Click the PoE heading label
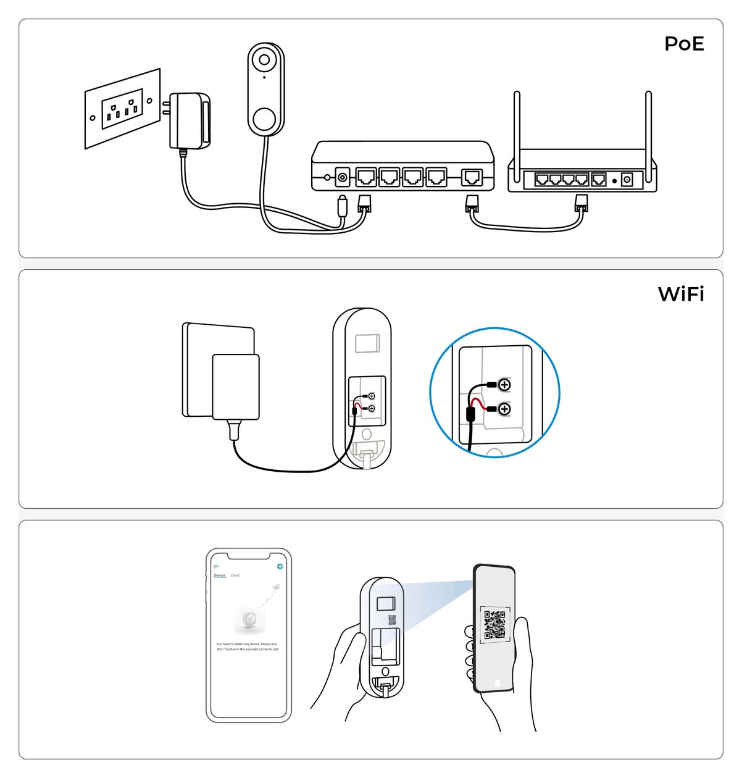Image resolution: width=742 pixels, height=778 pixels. (684, 44)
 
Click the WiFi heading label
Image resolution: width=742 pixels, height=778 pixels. (681, 294)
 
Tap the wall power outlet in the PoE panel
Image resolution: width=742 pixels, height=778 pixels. (122, 109)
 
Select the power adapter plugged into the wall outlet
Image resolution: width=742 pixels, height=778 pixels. (189, 120)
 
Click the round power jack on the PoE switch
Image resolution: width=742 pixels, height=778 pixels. (343, 178)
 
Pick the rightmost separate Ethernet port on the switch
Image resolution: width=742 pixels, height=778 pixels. (473, 177)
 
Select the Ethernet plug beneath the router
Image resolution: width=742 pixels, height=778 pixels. (581, 203)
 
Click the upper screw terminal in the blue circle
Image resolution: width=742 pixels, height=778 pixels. (504, 385)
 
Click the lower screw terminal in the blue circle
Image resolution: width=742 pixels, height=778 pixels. (504, 409)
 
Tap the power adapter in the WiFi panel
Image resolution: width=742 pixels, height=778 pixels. (235, 387)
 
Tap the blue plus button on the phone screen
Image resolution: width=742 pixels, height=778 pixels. (280, 566)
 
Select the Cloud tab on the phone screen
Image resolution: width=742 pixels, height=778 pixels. (235, 575)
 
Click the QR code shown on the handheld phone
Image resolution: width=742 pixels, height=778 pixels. (495, 624)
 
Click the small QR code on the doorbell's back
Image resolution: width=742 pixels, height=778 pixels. (391, 620)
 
